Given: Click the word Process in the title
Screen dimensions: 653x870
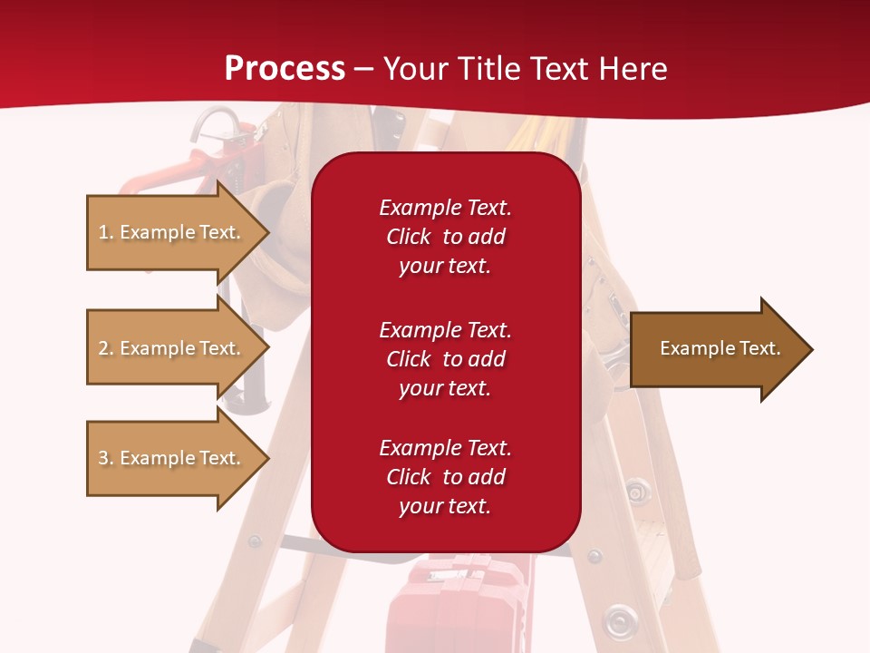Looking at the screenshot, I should pos(285,69).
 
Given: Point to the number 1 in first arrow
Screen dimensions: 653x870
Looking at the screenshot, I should pos(102,232).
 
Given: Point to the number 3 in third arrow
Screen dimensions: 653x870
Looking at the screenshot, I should pos(102,458).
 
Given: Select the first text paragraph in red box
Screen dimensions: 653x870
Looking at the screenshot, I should pos(445,237).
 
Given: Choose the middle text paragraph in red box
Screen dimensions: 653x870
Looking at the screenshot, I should pos(445,359).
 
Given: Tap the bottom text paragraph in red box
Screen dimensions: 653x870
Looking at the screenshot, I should pos(445,477).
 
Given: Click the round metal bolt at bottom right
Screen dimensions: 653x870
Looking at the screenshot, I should pos(619,621).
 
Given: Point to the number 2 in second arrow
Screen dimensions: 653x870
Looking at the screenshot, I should pos(102,348).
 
